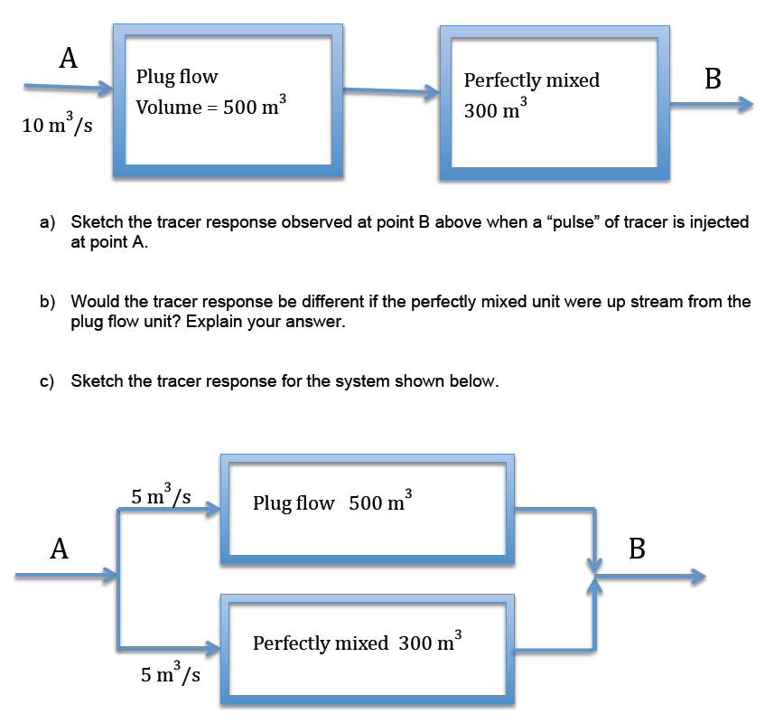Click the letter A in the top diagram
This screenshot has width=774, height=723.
[x=67, y=59]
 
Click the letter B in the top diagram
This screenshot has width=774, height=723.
[x=712, y=80]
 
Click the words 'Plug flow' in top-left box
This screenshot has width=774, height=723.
[x=177, y=77]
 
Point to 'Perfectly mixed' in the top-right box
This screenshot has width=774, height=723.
[x=531, y=80]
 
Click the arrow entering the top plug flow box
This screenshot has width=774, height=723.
[x=68, y=88]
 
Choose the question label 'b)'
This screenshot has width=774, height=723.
[x=47, y=302]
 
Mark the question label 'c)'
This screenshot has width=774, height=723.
[x=47, y=381]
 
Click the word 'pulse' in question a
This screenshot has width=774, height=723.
[x=566, y=222]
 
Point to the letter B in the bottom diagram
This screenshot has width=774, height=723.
[x=637, y=549]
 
